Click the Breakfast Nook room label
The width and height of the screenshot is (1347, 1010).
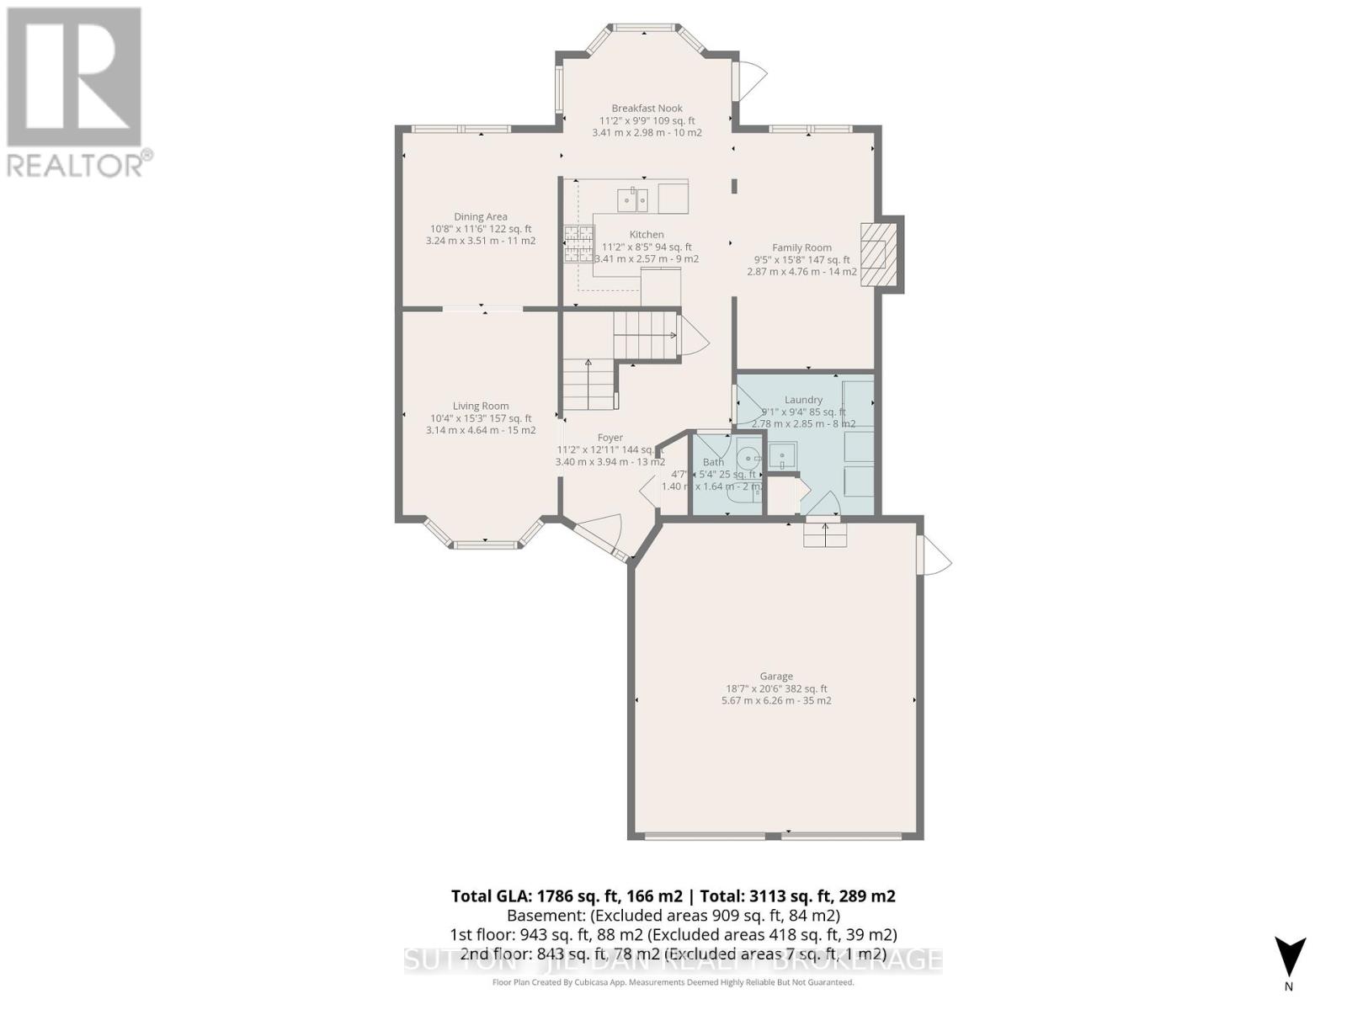647,108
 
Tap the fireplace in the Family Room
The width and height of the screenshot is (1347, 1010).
876,255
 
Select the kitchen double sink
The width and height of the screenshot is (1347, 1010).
632,200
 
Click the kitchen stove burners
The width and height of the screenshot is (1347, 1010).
578,244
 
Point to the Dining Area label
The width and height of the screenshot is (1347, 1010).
481,216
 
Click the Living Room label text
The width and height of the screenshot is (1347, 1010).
481,406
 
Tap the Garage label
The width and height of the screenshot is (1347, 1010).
776,676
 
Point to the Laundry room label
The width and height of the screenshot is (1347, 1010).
803,400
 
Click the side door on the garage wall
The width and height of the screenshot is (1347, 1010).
934,555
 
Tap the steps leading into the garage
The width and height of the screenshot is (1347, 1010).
824,534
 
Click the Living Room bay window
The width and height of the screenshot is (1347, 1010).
485,539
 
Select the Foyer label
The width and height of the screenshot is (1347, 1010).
610,438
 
